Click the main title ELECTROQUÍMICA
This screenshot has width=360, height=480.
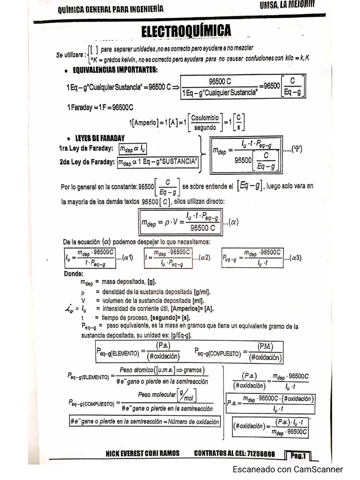click(x=186, y=31)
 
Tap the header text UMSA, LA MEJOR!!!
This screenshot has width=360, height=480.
click(x=286, y=6)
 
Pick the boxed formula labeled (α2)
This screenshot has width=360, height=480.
click(x=168, y=257)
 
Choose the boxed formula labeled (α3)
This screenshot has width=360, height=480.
click(x=252, y=257)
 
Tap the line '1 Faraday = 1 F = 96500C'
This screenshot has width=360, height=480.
click(x=100, y=107)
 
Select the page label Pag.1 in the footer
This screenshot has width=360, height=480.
click(x=298, y=455)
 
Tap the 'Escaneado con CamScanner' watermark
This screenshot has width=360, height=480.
click(x=288, y=469)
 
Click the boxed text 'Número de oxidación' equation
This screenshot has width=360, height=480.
click(x=144, y=421)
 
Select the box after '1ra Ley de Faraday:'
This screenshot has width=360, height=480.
click(x=133, y=149)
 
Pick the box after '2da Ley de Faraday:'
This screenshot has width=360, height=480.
click(x=158, y=162)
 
